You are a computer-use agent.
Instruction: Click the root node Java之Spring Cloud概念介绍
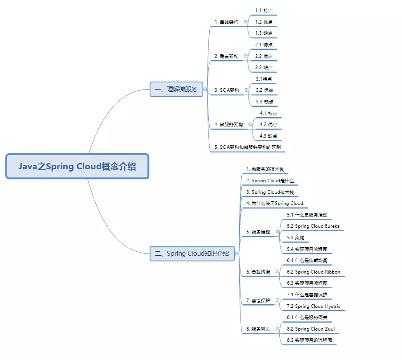click(77, 166)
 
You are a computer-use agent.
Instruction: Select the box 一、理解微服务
click(176, 89)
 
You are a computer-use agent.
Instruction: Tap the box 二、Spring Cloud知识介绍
click(192, 254)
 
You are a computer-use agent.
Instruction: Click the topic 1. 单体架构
click(226, 22)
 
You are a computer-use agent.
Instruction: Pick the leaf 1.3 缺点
click(264, 33)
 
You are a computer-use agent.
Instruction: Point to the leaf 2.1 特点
click(264, 45)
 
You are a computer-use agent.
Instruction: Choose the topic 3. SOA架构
click(227, 90)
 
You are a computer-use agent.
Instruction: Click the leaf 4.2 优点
click(269, 124)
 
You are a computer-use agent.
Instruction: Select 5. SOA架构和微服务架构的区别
click(248, 147)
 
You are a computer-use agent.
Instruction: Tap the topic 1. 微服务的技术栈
click(265, 169)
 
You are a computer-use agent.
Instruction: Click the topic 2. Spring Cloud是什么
click(270, 180)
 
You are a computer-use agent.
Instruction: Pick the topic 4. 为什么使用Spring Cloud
click(274, 204)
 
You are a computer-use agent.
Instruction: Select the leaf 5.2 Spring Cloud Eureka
click(313, 226)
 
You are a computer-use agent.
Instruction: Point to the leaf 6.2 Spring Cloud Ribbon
click(313, 272)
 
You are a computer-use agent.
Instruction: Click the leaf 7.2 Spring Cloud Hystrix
click(313, 306)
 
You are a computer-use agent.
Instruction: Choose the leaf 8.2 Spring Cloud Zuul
click(311, 329)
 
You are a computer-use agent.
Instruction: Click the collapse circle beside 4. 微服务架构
click(250, 124)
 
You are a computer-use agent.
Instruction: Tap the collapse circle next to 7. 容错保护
click(277, 300)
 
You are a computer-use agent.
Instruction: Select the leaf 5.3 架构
click(296, 237)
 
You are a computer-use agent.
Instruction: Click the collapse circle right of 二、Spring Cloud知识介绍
click(237, 254)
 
